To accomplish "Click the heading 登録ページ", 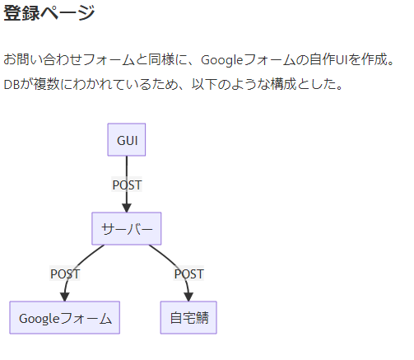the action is pos(49,12).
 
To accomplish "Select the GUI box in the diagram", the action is pos(127,139).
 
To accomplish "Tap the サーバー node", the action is pos(127,228).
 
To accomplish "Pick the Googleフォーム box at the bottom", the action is pos(65,317).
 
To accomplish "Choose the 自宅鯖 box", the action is pos(188,317).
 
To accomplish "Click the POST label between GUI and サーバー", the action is pos(127,185).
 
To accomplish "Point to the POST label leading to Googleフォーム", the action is pos(65,274).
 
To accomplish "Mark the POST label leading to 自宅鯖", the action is pos(188,274).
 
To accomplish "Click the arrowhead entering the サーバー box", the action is pos(127,208).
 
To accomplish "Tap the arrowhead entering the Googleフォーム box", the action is pos(65,297).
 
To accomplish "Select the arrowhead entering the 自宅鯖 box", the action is pos(188,297).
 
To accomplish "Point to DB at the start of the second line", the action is pos(12,85).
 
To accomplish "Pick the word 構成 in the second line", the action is pos(283,84).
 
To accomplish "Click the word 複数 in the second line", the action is pos(46,84).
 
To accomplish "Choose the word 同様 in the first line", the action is pos(161,59).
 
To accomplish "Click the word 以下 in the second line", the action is pos(204,84).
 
